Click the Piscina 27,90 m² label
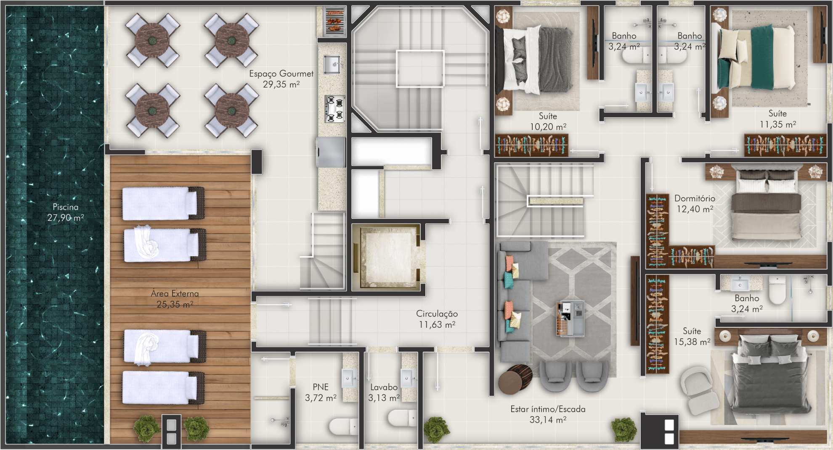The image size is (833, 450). coord(66,212)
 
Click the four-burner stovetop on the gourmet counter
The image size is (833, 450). coord(335,109)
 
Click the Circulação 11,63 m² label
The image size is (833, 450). coord(437,319)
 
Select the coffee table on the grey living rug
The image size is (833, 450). coord(570,318)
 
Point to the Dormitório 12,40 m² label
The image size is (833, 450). coord(695,203)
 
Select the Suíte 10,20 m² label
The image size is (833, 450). coord(548,121)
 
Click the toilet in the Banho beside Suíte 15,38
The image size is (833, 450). coord(777,289)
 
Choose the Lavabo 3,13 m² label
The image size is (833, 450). coord(384,392)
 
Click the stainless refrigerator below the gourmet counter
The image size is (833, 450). coord(331,152)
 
